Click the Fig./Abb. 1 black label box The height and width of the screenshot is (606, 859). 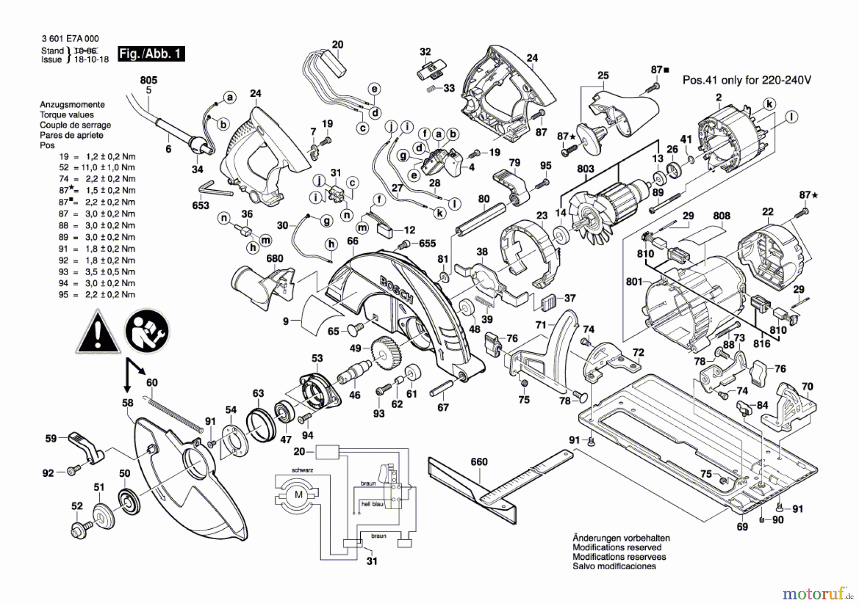coord(151,53)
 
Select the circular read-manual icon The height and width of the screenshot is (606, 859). coord(147,331)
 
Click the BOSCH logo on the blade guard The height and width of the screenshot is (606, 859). coord(397,289)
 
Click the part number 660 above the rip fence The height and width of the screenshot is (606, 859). coord(479,462)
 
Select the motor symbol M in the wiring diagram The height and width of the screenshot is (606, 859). coord(299,495)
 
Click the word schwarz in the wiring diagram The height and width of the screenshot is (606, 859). coord(303,470)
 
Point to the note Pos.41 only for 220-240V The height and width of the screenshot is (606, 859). coord(746,80)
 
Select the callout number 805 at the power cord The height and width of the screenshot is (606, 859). coord(148,80)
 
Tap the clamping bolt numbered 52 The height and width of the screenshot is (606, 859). coord(81,529)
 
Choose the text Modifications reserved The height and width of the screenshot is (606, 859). coord(617,547)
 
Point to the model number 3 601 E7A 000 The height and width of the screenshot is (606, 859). coord(70,39)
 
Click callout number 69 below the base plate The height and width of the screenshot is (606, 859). coord(742,526)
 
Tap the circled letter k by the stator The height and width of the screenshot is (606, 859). coord(769,104)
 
